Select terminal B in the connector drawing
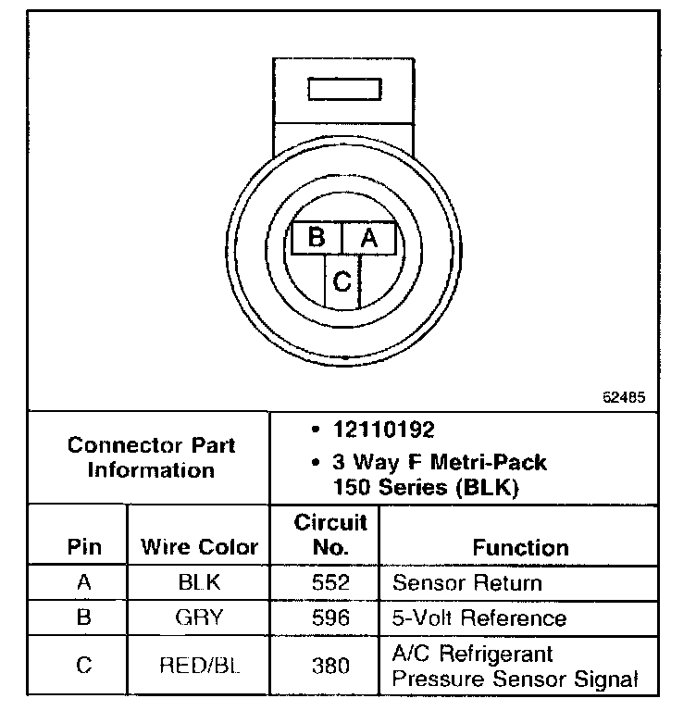click(317, 238)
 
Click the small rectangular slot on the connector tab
click(342, 89)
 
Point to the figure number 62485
click(624, 397)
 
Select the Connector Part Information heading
click(151, 456)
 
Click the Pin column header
click(84, 546)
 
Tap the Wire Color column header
click(199, 546)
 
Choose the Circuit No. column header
click(330, 534)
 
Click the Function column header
click(521, 547)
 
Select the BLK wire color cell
click(199, 583)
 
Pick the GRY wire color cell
click(199, 617)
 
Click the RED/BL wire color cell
click(199, 666)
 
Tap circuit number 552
click(330, 583)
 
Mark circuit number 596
click(330, 617)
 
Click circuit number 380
click(330, 666)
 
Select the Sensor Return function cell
click(467, 583)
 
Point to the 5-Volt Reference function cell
click(479, 617)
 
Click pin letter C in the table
click(84, 666)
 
